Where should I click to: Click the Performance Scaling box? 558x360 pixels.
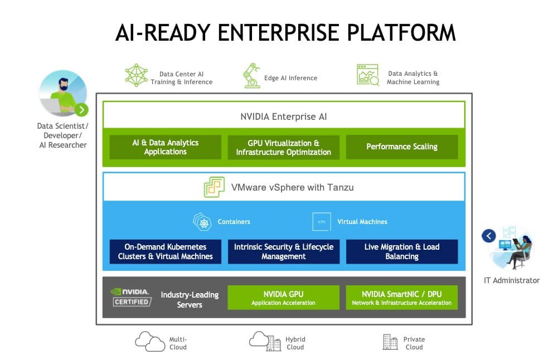coord(401,147)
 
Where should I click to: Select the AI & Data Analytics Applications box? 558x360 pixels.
coord(166,147)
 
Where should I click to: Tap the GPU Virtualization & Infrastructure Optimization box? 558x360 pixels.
coord(283,147)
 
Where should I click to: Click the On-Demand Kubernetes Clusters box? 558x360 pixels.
coord(166,251)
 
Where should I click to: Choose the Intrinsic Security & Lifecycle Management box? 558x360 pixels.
coord(283,251)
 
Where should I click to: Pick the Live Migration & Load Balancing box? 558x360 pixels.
coord(401,251)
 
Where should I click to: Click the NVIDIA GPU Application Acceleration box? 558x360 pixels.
coord(283,298)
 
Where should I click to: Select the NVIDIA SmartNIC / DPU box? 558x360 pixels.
coord(401,298)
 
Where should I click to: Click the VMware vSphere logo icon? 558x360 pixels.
coord(214,187)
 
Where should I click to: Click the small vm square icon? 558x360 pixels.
coord(322,222)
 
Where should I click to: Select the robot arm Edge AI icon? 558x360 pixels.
coord(251,76)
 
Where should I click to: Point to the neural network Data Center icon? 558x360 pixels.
coord(136,75)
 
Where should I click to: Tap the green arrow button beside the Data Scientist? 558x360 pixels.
coord(81,110)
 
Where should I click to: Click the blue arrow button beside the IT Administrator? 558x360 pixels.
coord(489,236)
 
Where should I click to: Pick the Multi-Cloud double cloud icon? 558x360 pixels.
coord(149,341)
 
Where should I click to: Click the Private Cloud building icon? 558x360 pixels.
coord(390,342)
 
